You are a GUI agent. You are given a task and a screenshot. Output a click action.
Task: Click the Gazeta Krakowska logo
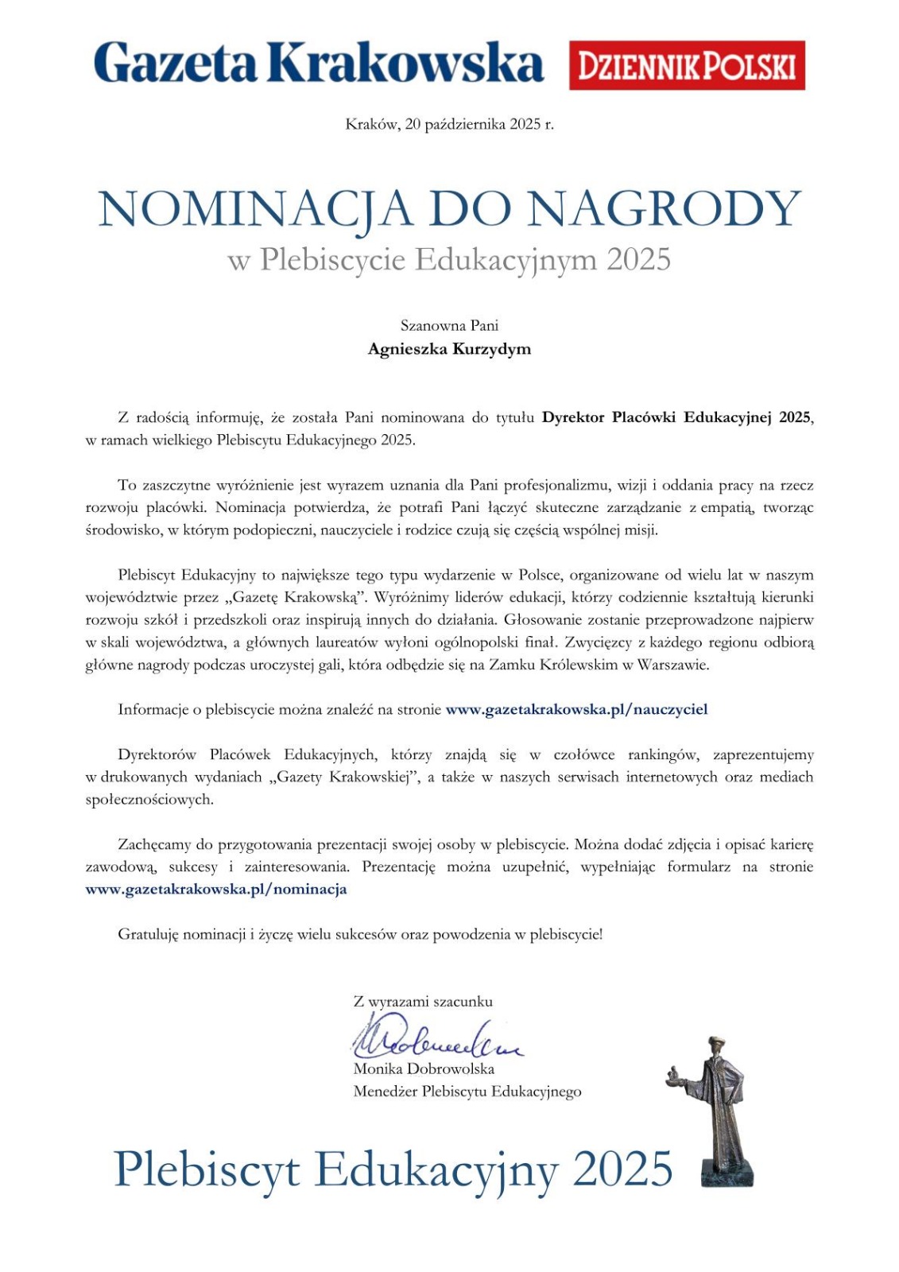(x=318, y=64)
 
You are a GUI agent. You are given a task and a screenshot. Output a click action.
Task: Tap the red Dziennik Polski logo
(x=687, y=65)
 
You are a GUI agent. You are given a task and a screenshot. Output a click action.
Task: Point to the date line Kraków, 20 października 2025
(x=449, y=125)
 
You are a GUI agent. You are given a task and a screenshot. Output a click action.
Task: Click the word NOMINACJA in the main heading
(x=255, y=211)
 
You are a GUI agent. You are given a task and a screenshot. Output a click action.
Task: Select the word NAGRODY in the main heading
(x=665, y=211)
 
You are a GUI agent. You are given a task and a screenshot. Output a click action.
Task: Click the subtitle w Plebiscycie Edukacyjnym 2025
(x=449, y=260)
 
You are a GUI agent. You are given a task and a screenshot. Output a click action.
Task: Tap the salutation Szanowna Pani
(x=449, y=325)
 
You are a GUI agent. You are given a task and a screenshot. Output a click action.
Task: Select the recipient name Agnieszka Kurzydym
(x=449, y=349)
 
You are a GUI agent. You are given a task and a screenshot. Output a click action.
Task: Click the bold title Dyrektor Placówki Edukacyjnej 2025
(x=676, y=417)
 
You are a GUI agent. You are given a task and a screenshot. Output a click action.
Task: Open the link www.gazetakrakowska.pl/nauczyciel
(x=576, y=709)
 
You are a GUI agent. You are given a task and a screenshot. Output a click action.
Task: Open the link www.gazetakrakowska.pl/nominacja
(x=216, y=889)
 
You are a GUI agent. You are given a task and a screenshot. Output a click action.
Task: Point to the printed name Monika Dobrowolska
(x=424, y=1068)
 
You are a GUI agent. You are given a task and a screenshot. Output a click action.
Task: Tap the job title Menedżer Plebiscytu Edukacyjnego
(x=467, y=1092)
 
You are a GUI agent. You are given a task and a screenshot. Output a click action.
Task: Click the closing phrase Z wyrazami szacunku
(x=423, y=1002)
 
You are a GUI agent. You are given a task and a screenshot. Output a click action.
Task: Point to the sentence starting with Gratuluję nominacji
(x=360, y=934)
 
